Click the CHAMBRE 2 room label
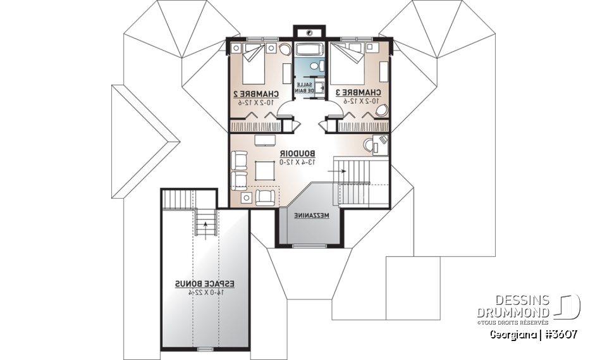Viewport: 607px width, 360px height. click(255, 92)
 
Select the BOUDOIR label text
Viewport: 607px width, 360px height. click(297, 153)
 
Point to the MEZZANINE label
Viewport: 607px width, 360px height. click(312, 216)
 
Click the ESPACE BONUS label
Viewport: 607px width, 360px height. click(205, 285)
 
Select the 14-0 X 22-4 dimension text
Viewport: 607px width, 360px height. click(205, 293)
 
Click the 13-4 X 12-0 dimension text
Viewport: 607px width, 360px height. click(297, 162)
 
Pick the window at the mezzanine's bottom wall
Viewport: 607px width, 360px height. click(309, 245)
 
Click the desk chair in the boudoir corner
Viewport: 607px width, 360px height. click(370, 144)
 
